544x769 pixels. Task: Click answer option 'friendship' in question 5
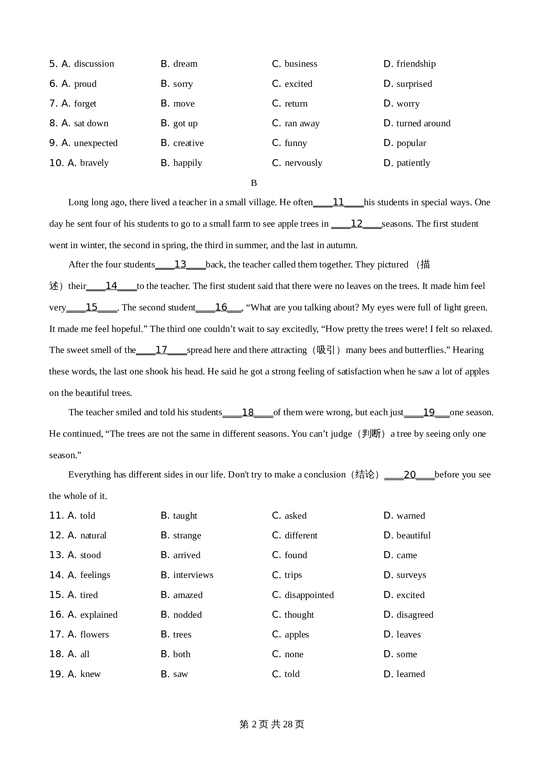pos(415,64)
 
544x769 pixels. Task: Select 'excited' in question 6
pos(298,84)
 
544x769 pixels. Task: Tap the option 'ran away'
pos(302,124)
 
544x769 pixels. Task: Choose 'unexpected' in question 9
pos(95,143)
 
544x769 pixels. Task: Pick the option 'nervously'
pos(303,163)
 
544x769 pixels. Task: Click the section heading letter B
pos(254,183)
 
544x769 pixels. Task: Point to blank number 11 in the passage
pos(338,203)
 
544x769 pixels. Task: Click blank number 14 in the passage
pos(111,286)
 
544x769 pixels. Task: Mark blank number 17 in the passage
pos(161,350)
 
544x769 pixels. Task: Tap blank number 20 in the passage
pos(409,475)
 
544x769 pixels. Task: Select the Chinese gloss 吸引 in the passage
pos(326,350)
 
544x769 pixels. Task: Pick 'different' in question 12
pos(301,536)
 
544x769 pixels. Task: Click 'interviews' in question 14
pos(193,575)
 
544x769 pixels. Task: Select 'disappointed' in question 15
pos(309,595)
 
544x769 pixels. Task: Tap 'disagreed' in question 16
pos(415,615)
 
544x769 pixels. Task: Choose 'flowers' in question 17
pos(94,635)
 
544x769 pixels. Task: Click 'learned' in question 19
pos(411,674)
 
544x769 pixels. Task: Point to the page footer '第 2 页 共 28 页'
pos(272,724)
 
